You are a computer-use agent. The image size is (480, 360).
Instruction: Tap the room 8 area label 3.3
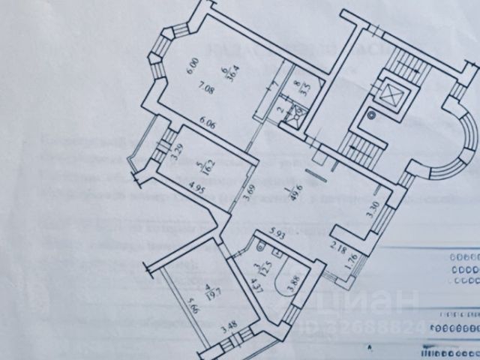point(298,91)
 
